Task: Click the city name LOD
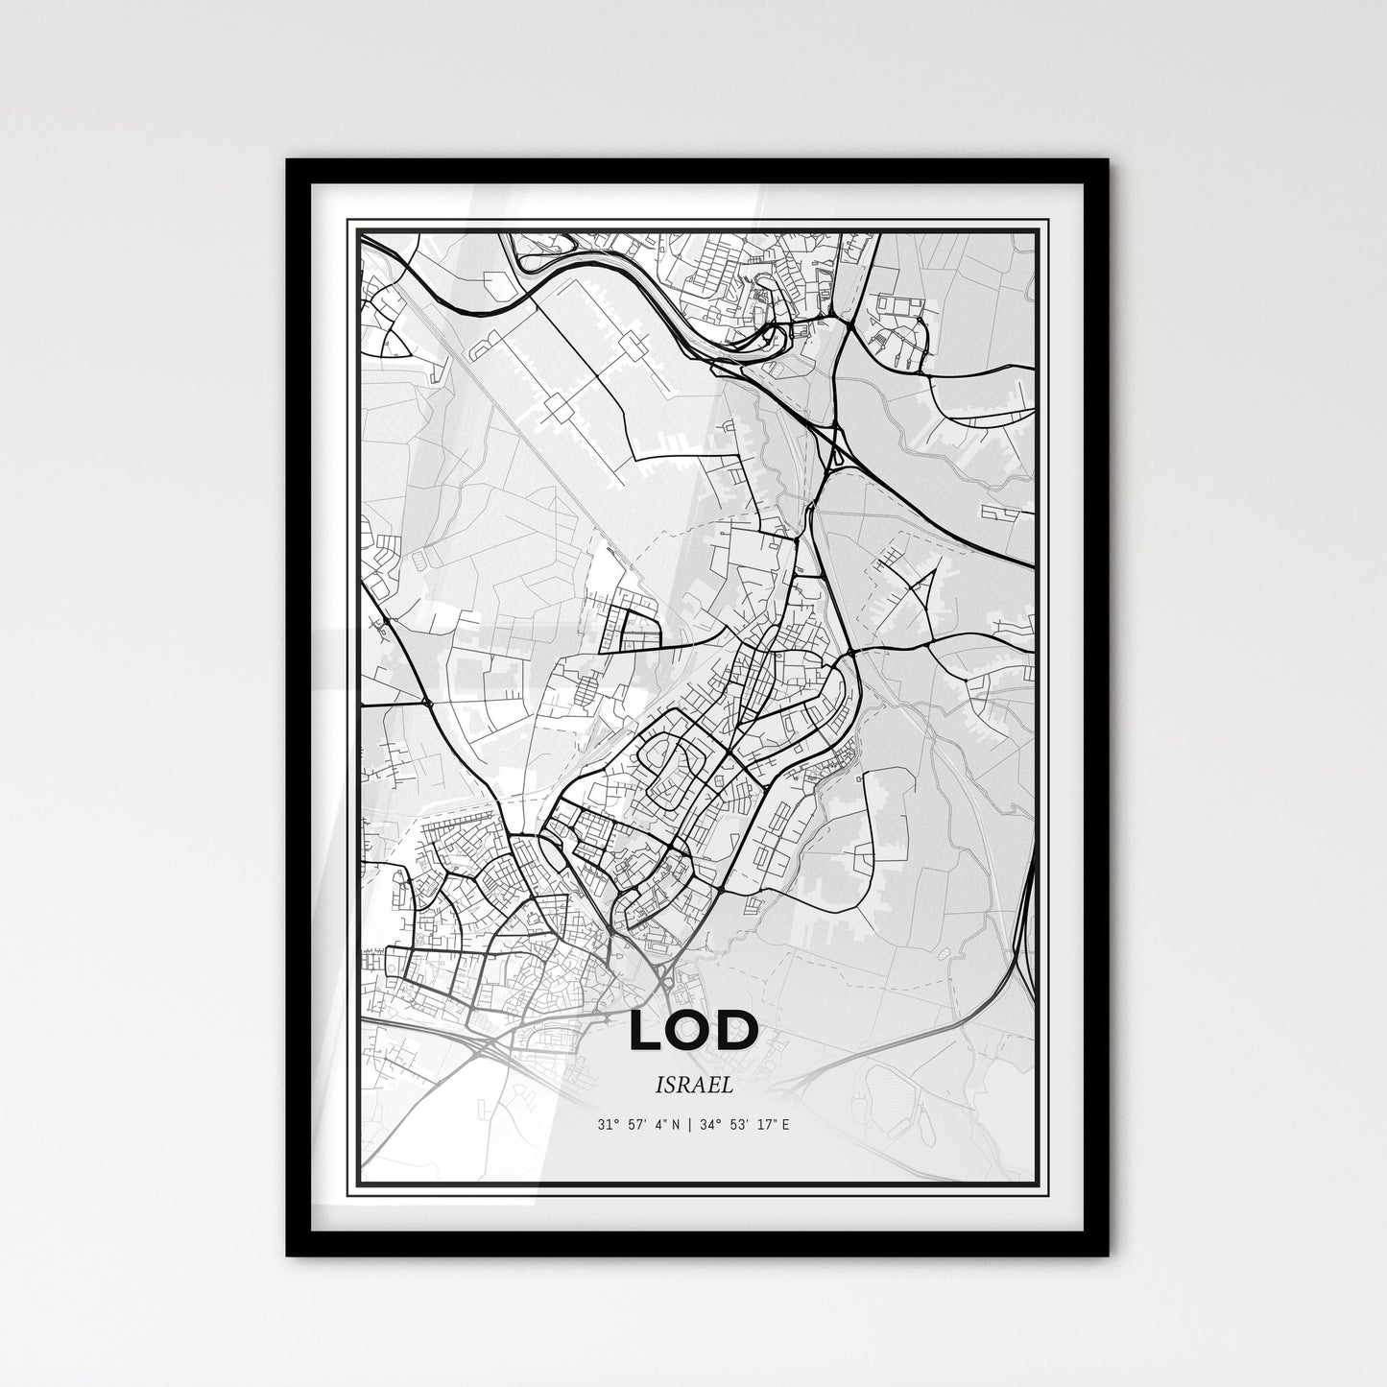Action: click(x=694, y=1031)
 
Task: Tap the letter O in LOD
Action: click(x=693, y=1031)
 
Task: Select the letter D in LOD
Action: click(x=739, y=1031)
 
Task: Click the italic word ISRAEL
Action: click(x=693, y=1087)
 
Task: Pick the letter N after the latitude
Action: click(x=676, y=1124)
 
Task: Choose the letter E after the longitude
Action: click(x=785, y=1124)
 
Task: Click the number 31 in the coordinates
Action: click(x=604, y=1124)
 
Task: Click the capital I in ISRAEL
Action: click(x=661, y=1087)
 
